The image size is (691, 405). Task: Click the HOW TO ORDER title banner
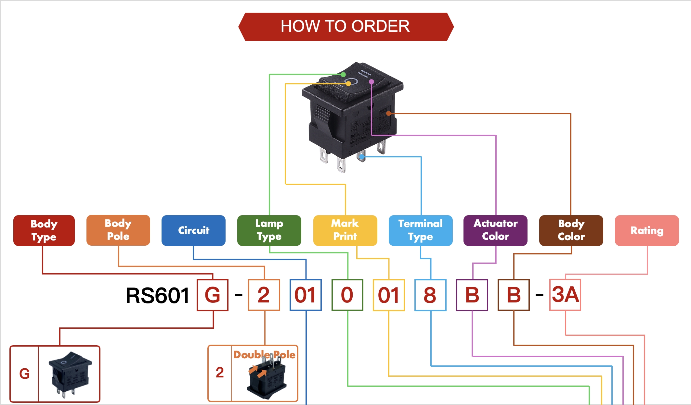tap(345, 27)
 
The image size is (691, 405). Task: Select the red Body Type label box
tap(44, 230)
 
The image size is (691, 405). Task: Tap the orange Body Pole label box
tap(118, 230)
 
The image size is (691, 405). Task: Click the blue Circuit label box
tap(193, 230)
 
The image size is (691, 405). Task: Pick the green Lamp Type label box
tap(269, 230)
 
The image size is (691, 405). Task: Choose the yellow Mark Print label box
tap(345, 230)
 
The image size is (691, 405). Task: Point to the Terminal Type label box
tap(421, 230)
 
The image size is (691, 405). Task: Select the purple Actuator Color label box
tap(495, 230)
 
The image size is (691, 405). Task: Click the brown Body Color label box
tap(571, 230)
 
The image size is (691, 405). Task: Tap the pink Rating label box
tap(647, 230)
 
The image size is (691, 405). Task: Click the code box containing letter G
tap(213, 295)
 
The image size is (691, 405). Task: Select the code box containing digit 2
tap(264, 295)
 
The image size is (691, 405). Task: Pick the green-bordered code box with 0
tap(347, 295)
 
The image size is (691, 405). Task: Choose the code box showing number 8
tap(430, 295)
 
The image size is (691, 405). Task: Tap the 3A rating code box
tap(565, 295)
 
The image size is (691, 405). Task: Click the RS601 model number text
tap(158, 296)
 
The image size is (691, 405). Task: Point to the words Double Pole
tap(264, 355)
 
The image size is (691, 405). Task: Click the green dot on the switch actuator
tap(343, 75)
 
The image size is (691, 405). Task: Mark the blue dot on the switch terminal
tap(361, 157)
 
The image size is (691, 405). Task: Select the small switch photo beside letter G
tap(69, 374)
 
